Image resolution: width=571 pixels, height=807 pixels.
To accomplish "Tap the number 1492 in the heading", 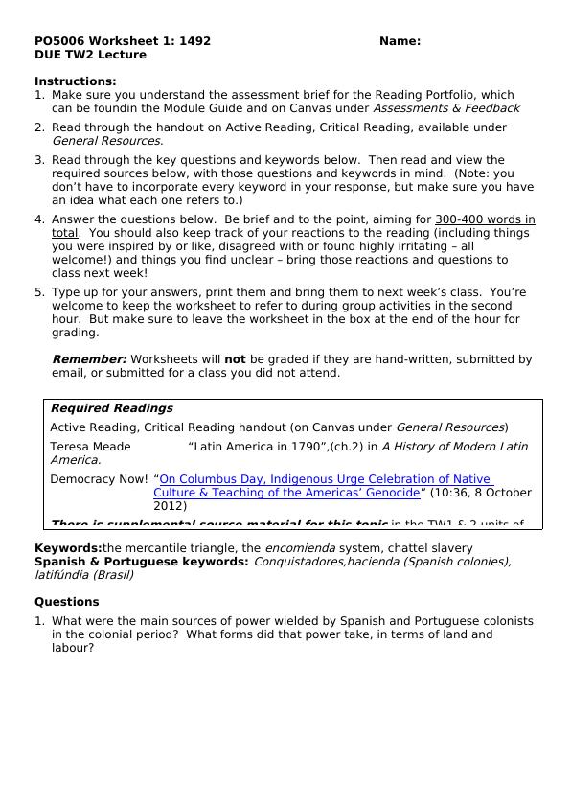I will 193,41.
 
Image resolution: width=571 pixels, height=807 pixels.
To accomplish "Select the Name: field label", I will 400,41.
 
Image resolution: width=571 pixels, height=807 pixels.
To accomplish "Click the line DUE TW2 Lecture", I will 90,55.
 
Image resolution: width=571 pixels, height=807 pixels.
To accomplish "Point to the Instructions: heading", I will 75,81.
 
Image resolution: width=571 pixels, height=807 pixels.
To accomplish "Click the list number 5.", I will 39,292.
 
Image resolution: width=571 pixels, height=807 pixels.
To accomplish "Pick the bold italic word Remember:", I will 88,359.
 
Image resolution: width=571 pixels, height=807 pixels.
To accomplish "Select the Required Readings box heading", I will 111,408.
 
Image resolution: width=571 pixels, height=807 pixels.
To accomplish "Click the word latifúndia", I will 65,575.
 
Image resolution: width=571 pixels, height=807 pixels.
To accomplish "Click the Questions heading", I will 66,602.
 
